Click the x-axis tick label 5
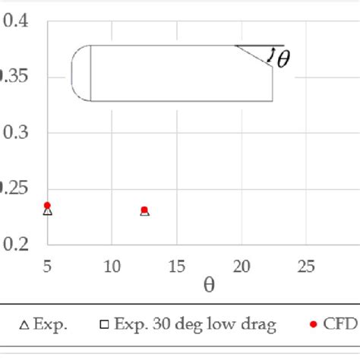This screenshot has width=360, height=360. tap(47, 267)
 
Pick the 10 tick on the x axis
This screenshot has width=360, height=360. tap(112, 267)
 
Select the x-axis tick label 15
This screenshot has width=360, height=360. tap(177, 267)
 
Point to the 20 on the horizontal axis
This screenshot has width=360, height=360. tap(242, 267)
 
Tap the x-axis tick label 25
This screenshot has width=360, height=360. tap(306, 267)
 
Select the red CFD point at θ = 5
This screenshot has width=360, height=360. tap(47, 205)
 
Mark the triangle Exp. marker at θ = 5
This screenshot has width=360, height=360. tap(48, 212)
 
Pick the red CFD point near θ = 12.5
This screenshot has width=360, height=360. tap(144, 210)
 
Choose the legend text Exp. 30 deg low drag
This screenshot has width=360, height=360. tap(194, 325)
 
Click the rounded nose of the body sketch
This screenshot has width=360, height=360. tap(77, 73)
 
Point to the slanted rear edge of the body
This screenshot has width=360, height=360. tap(254, 55)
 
